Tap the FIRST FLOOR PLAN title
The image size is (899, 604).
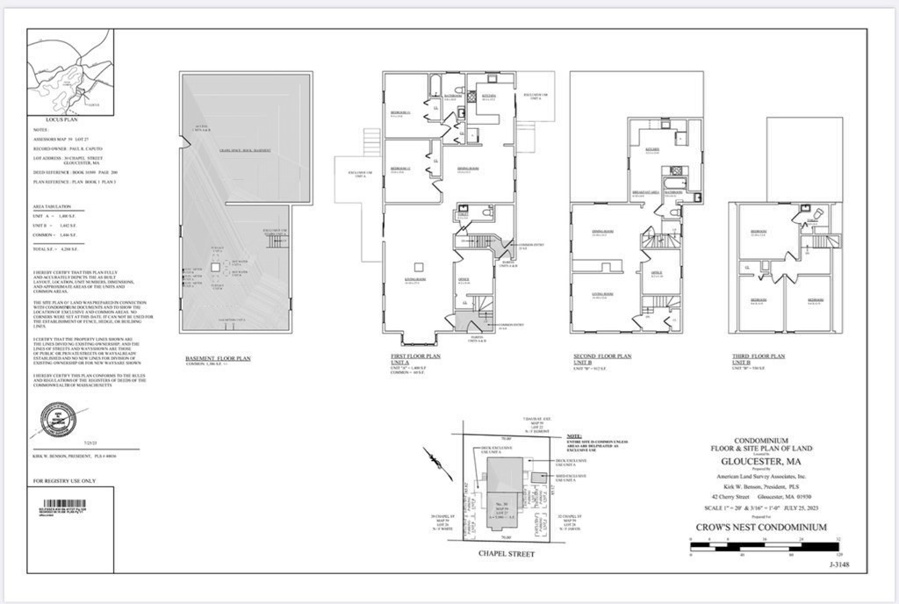pyautogui.click(x=416, y=356)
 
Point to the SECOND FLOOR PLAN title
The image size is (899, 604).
pyautogui.click(x=601, y=356)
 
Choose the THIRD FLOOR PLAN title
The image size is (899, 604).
pyautogui.click(x=759, y=356)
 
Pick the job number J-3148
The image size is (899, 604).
pyautogui.click(x=838, y=565)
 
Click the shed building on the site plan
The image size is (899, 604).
pyautogui.click(x=532, y=478)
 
